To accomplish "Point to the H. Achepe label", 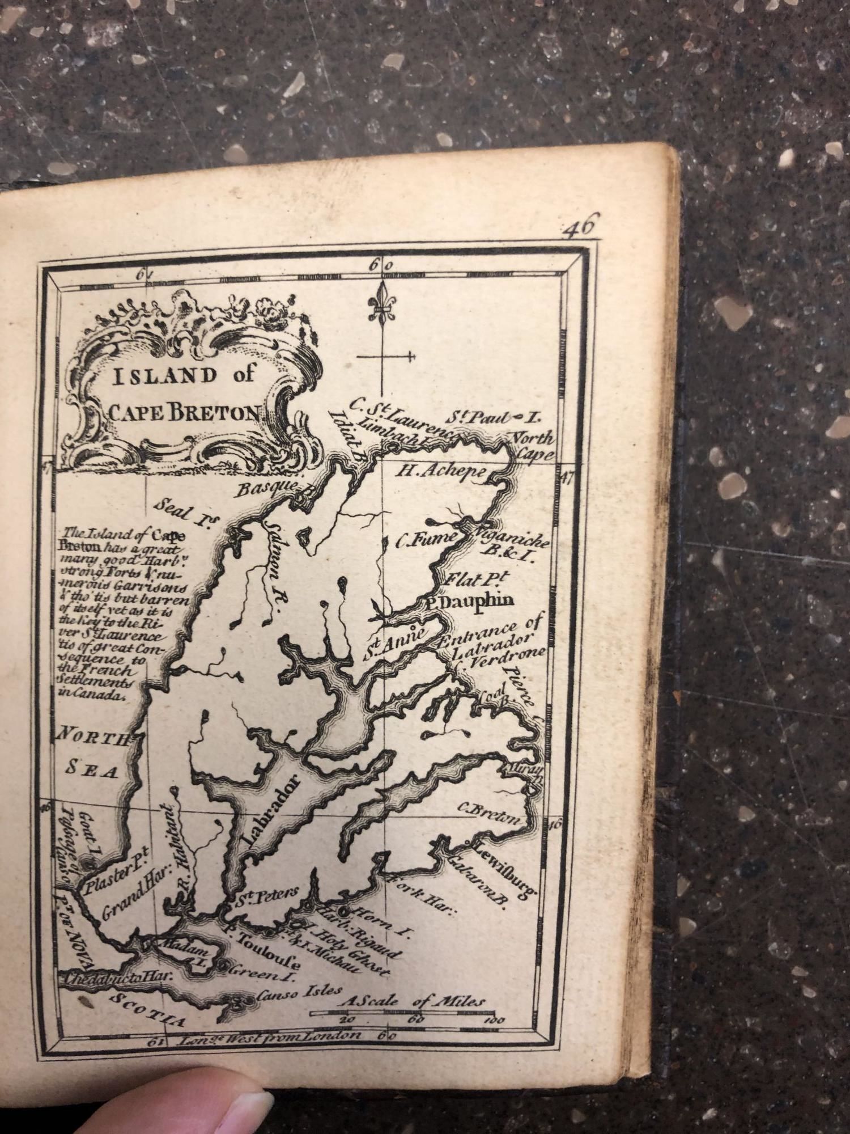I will coord(441,471).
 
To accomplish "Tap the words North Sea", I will coord(93,754).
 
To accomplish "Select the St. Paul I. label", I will coord(492,419).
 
